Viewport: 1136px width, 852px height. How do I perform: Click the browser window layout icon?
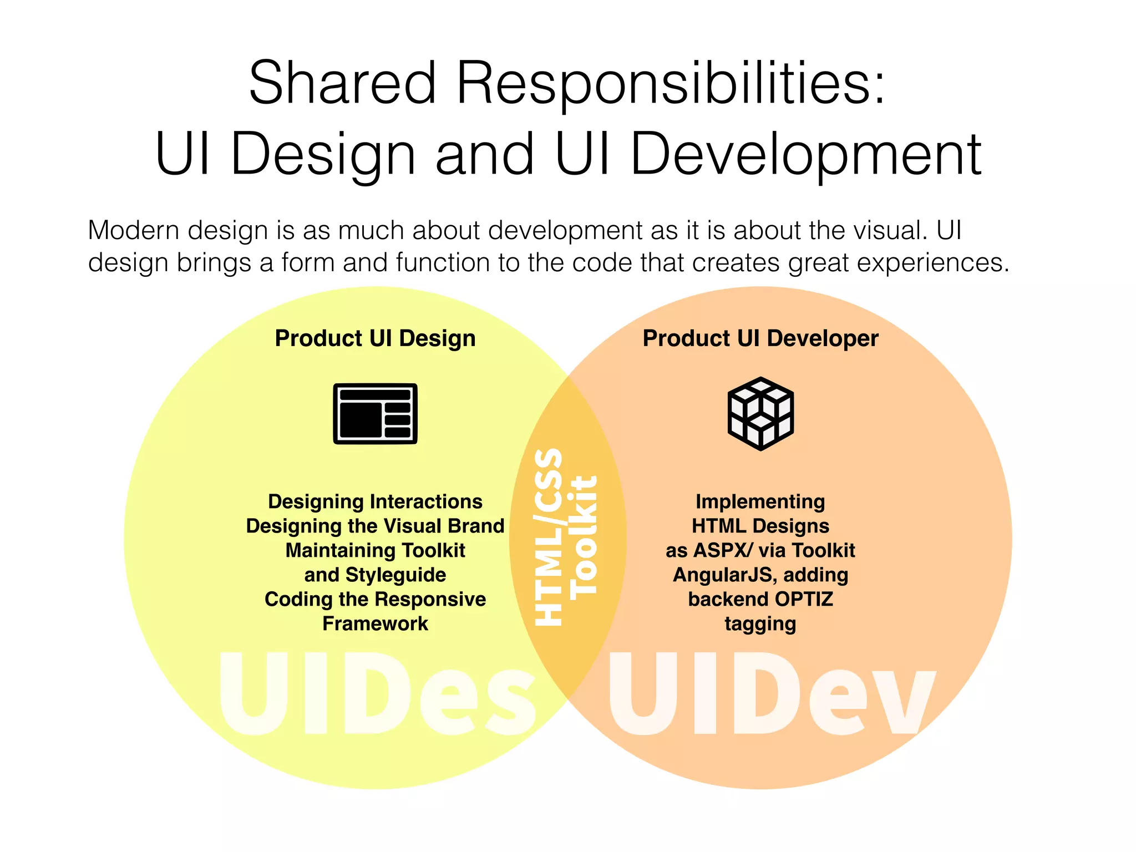click(375, 414)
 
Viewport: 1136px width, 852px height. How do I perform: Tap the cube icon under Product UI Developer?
click(760, 414)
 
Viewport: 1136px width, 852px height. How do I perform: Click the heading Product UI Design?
click(375, 338)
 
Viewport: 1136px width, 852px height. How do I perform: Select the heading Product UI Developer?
click(760, 338)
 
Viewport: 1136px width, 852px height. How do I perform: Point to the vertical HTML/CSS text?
click(548, 537)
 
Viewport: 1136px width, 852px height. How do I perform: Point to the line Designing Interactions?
click(375, 501)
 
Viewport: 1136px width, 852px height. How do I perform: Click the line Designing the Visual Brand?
click(375, 526)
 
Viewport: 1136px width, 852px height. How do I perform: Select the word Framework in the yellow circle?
click(375, 623)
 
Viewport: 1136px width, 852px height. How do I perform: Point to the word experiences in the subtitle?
click(932, 262)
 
